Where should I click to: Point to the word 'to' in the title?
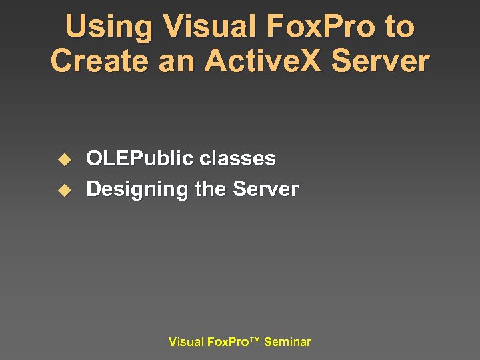tap(399, 27)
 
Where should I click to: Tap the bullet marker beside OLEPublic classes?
tap(63, 159)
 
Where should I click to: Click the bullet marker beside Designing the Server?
tap(63, 190)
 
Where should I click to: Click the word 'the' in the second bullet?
tap(211, 189)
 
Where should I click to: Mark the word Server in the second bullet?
tap(265, 189)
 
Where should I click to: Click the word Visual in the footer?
tap(186, 342)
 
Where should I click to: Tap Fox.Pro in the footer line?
tap(227, 342)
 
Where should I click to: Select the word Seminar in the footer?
tap(287, 342)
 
